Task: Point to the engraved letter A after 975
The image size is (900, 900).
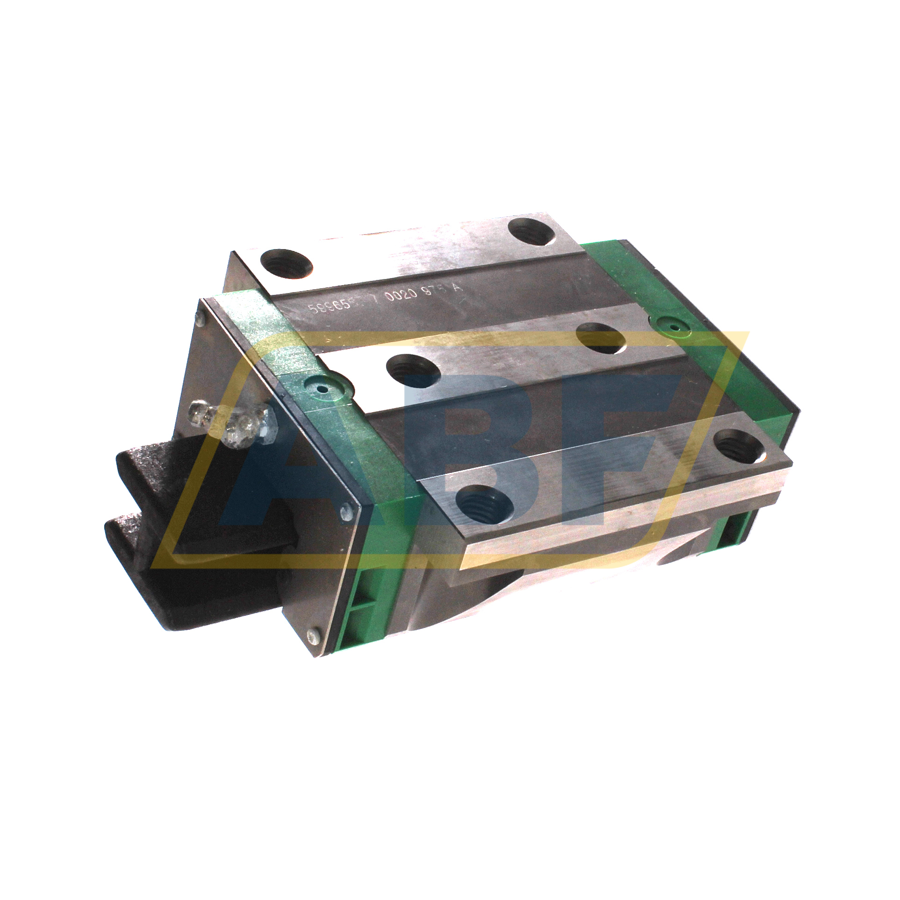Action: click(x=457, y=288)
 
